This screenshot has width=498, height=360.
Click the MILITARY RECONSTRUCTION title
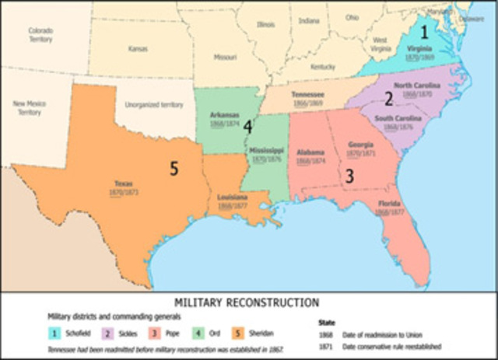pyautogui.click(x=248, y=302)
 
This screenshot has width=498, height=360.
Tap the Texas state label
pyautogui.click(x=124, y=184)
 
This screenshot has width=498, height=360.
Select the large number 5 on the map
pyautogui.click(x=176, y=167)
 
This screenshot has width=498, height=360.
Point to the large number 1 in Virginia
pyautogui.click(x=424, y=33)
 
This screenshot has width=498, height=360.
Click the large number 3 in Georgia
pyautogui.click(x=349, y=177)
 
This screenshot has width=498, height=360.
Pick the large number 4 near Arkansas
pyautogui.click(x=247, y=126)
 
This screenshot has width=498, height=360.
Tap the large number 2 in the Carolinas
pyautogui.click(x=388, y=99)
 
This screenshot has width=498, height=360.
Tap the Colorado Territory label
pyautogui.click(x=40, y=34)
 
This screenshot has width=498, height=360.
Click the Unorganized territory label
pyautogui.click(x=153, y=104)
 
